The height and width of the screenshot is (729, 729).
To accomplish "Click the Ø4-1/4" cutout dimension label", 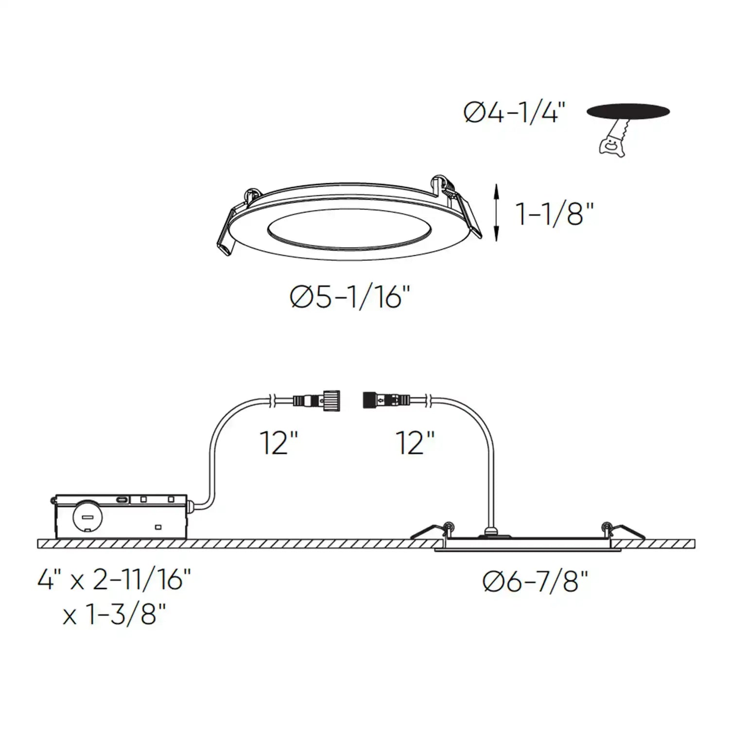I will [x=515, y=113].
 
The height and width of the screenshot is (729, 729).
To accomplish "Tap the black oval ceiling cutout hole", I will [x=628, y=111].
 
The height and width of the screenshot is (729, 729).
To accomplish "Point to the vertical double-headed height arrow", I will [x=496, y=212].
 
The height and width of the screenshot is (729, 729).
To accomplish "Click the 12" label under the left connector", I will [x=278, y=443].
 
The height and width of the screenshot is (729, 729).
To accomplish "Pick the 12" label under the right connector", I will [x=416, y=443].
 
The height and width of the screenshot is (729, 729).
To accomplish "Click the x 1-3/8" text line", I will [x=115, y=615].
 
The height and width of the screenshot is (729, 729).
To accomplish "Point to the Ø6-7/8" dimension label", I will [x=535, y=581].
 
